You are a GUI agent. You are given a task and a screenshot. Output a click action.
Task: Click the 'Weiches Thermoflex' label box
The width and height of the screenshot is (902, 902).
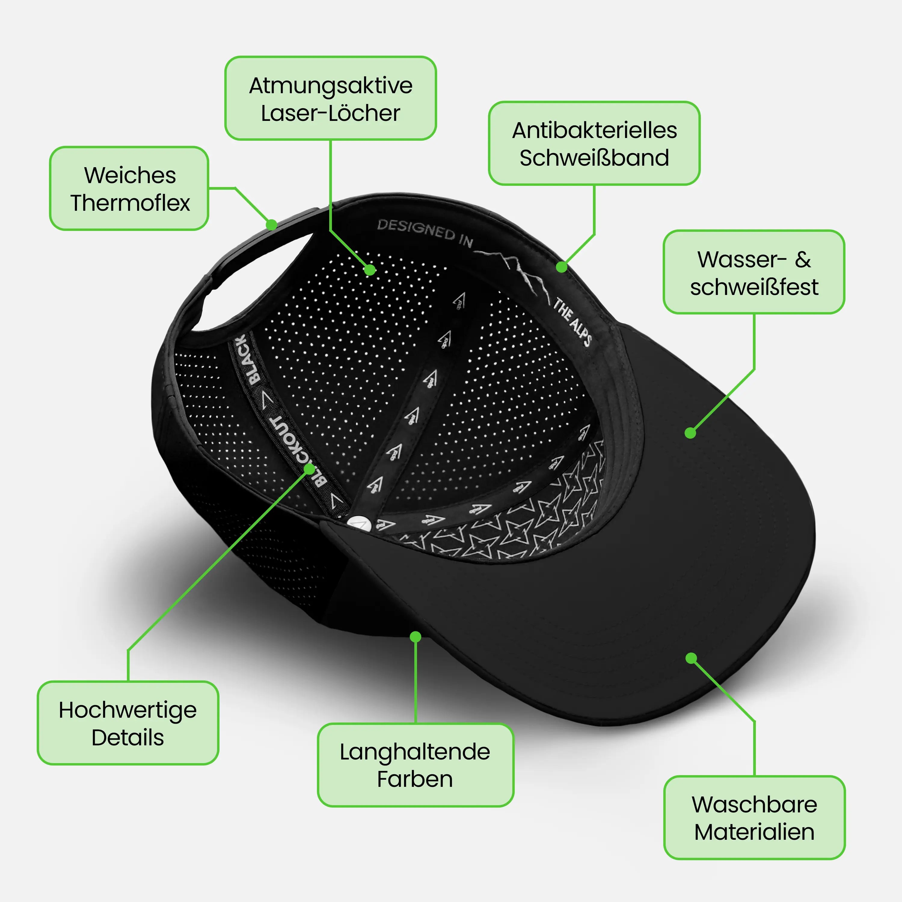129,189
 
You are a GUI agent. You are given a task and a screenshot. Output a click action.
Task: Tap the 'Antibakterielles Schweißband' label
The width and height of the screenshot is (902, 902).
594,143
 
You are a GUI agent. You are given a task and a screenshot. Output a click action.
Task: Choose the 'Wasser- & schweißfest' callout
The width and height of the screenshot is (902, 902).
754,272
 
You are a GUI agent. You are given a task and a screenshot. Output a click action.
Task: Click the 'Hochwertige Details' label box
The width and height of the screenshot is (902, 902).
128,723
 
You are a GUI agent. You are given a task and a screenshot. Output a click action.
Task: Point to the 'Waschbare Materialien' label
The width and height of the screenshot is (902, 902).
754,818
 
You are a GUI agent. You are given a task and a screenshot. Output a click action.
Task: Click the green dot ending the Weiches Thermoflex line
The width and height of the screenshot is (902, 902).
271,225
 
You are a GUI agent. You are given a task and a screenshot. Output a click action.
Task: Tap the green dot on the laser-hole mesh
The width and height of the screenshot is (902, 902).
370,270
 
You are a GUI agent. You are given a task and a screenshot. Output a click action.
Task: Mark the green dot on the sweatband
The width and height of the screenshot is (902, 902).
562,267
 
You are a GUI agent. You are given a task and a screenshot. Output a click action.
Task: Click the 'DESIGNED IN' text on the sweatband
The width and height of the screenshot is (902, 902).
425,232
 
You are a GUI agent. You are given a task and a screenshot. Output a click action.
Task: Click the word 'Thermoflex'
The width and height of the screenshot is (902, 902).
130,203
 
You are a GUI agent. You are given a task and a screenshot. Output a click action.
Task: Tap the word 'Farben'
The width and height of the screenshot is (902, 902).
415,779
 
